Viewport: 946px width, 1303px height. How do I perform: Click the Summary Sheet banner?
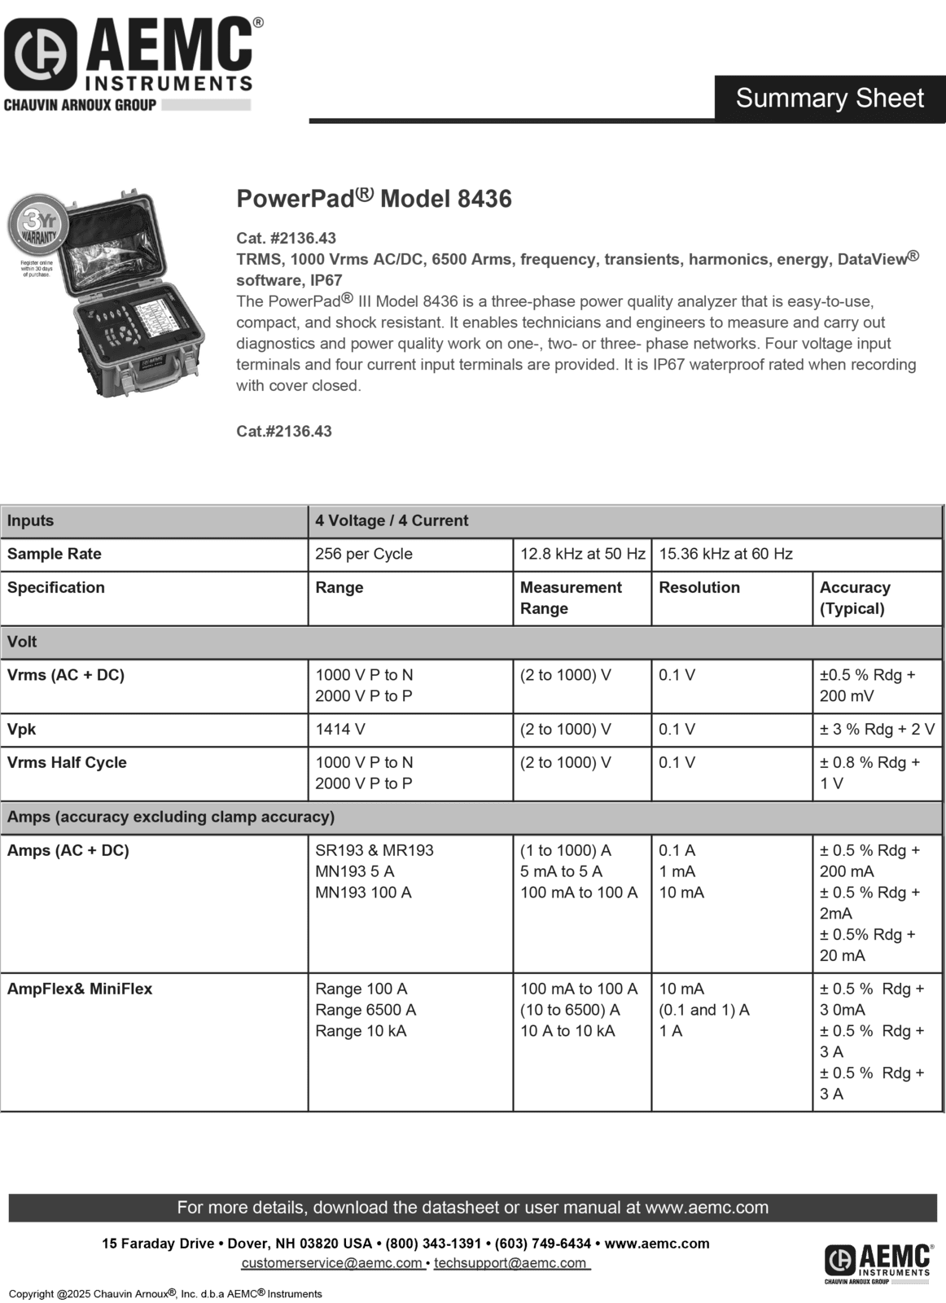pos(830,98)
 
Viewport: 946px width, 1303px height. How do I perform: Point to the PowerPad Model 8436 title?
pos(374,199)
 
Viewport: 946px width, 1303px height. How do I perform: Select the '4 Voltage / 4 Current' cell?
pos(392,520)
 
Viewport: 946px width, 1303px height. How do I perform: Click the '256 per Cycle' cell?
pos(364,554)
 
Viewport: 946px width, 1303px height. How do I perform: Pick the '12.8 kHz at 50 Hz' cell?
pos(582,554)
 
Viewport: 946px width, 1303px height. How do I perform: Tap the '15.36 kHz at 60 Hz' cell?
pos(725,554)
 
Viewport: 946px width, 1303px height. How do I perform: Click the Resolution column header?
pos(699,587)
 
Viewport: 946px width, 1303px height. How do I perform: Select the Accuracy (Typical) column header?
pos(855,598)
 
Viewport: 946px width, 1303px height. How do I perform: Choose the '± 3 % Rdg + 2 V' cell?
pos(877,729)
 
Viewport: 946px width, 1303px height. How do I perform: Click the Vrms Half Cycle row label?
pos(67,762)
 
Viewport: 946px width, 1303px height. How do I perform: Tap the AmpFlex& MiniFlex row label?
pos(80,989)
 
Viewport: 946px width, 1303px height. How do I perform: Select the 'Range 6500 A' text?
pos(366,1010)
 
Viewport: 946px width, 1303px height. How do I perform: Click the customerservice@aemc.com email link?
pos(331,1263)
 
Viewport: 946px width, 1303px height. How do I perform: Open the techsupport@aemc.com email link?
pos(510,1263)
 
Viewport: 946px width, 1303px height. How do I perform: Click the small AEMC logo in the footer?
pos(878,1263)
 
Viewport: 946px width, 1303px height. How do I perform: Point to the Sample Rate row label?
pos(55,554)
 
